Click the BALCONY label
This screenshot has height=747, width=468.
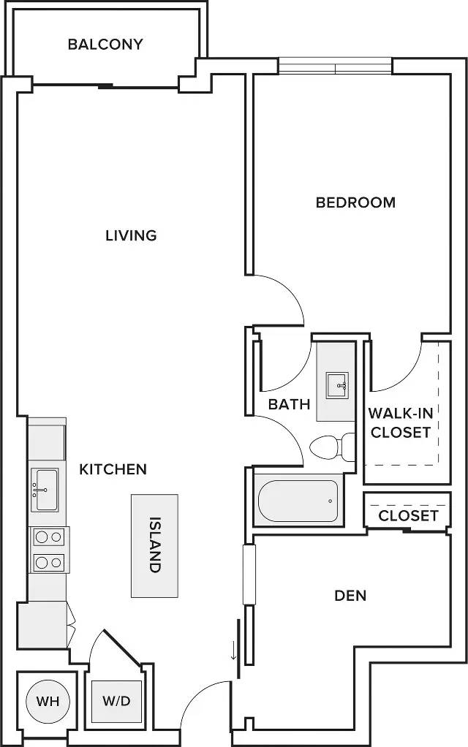coord(105,45)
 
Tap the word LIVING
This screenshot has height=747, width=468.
coord(131,235)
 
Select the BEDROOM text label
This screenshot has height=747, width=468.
coord(355,202)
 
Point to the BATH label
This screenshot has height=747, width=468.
coord(289,404)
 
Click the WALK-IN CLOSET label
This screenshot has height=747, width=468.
coord(401,422)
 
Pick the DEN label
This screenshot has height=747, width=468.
coord(350,596)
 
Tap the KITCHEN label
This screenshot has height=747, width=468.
coord(113,469)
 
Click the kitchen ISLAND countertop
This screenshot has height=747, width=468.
coord(154,545)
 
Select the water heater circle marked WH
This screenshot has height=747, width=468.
coord(48,701)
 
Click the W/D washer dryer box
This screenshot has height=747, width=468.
coord(117,701)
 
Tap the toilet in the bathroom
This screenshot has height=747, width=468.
coord(332,447)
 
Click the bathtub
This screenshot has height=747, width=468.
coord(298,501)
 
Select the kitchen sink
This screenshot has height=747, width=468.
coord(45,489)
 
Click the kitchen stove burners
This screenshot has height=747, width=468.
coord(48,550)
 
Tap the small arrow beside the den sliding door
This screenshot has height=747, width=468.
coord(233,651)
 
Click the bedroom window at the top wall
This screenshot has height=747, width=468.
coord(336,67)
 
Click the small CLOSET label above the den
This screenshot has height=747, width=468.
coord(408,516)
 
